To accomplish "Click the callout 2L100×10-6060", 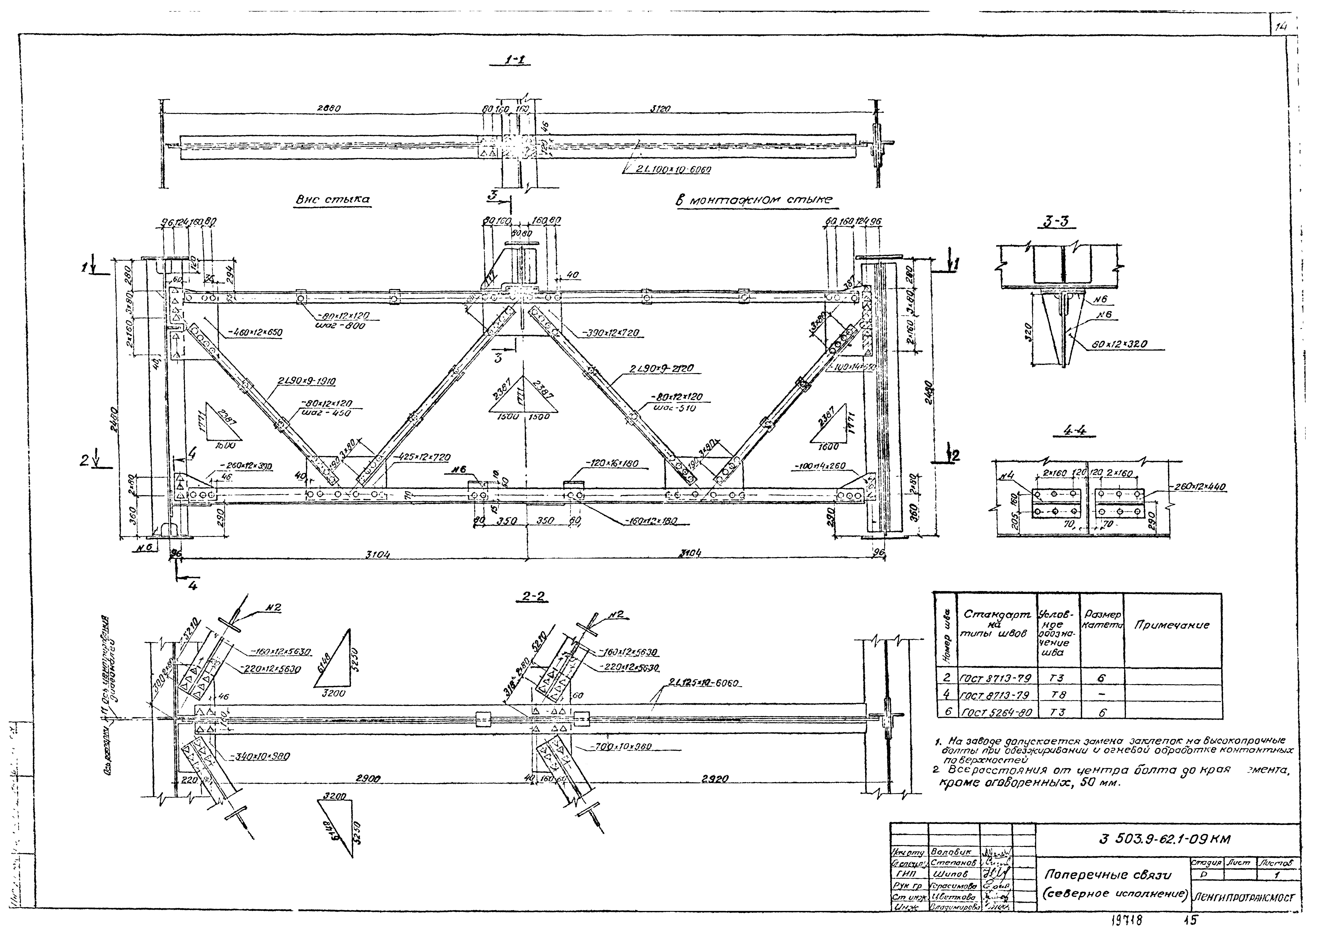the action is pyautogui.click(x=673, y=170).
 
